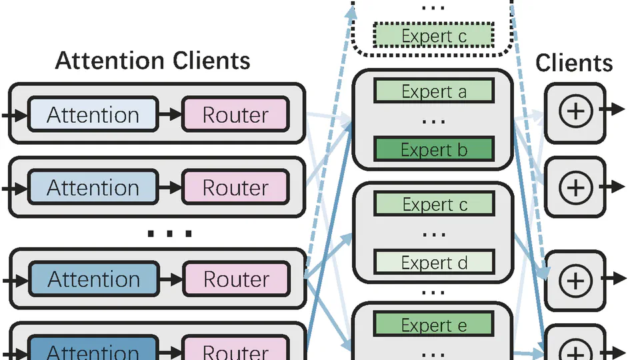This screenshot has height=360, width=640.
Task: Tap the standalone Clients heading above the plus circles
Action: coord(574,63)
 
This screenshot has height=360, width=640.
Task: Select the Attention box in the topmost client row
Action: coord(93,115)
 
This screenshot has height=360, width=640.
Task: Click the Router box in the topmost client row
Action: coord(235,115)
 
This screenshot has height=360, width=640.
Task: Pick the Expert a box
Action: coord(434,91)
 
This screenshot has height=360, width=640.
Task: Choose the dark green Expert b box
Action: coord(434,149)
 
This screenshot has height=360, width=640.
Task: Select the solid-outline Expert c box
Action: coord(434,205)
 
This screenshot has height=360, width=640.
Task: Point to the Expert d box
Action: coord(434,263)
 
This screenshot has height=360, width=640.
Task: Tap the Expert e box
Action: coord(434,325)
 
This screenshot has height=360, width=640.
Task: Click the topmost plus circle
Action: coord(575,111)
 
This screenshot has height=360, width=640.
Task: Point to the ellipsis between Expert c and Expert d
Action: coord(434,234)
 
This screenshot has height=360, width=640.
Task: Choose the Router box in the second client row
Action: coord(235,187)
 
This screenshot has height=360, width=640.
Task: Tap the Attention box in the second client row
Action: coord(93,187)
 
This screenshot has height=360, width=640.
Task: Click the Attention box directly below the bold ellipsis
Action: coord(93,279)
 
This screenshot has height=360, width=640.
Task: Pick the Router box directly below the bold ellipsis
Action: coord(235,279)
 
